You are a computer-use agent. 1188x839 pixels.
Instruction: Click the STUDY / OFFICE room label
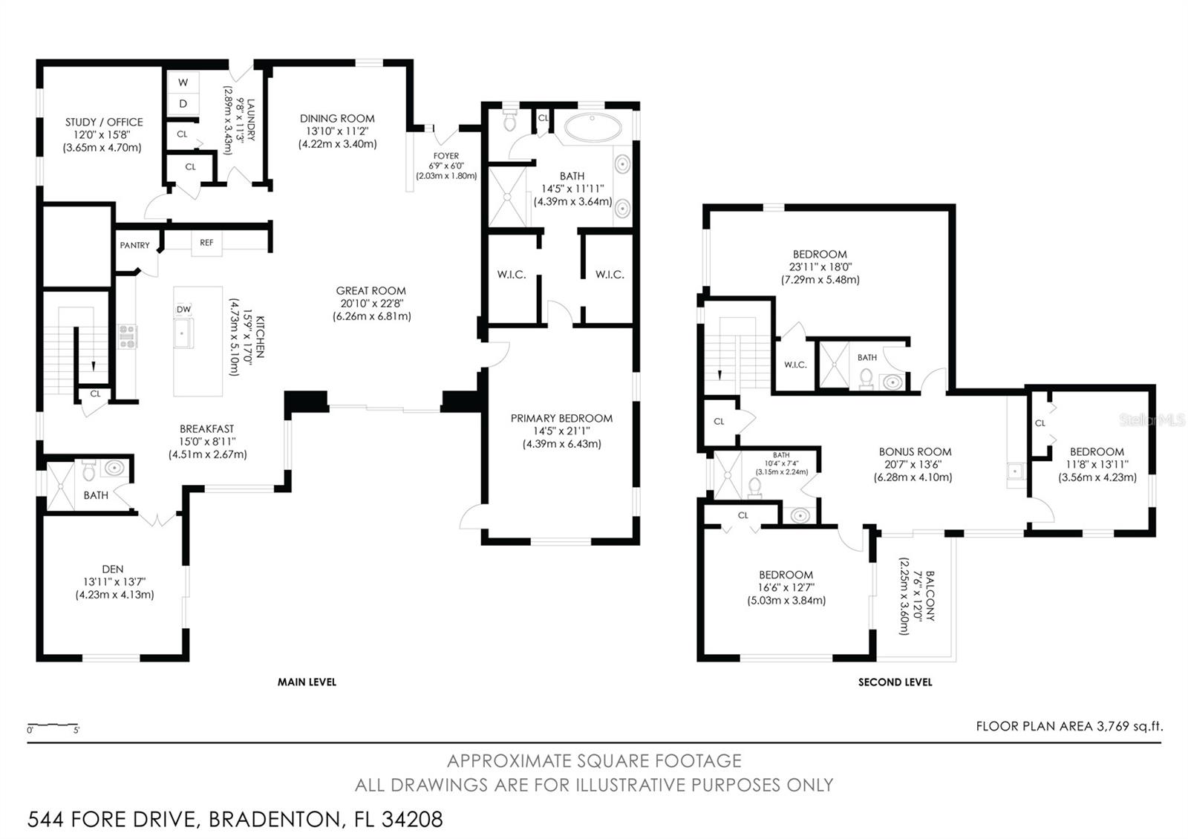click(x=104, y=122)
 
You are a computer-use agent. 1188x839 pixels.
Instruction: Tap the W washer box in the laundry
click(x=183, y=82)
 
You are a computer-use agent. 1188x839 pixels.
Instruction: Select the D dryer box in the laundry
click(x=183, y=104)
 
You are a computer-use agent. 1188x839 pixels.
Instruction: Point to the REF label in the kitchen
click(x=206, y=242)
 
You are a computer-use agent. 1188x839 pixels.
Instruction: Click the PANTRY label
click(x=134, y=245)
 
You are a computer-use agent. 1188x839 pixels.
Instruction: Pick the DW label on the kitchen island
click(x=183, y=309)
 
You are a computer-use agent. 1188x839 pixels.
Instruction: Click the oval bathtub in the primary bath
click(x=593, y=128)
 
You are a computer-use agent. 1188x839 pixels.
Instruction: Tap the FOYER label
click(x=446, y=156)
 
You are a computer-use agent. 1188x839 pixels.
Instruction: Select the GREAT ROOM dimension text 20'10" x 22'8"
click(x=372, y=304)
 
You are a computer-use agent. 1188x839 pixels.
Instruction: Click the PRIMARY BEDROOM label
click(x=561, y=419)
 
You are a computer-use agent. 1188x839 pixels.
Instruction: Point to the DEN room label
click(x=112, y=569)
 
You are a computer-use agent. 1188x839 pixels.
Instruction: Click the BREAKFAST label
click(x=206, y=429)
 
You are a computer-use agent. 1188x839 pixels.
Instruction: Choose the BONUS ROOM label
click(x=915, y=452)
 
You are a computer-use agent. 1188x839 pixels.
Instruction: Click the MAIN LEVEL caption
click(x=307, y=682)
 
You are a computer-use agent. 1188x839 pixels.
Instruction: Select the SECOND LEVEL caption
click(x=895, y=682)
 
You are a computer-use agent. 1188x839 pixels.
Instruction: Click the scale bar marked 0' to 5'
click(x=53, y=725)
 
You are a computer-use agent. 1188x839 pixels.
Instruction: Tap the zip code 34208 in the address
click(x=412, y=820)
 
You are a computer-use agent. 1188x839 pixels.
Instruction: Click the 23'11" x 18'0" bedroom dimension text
click(x=820, y=267)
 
